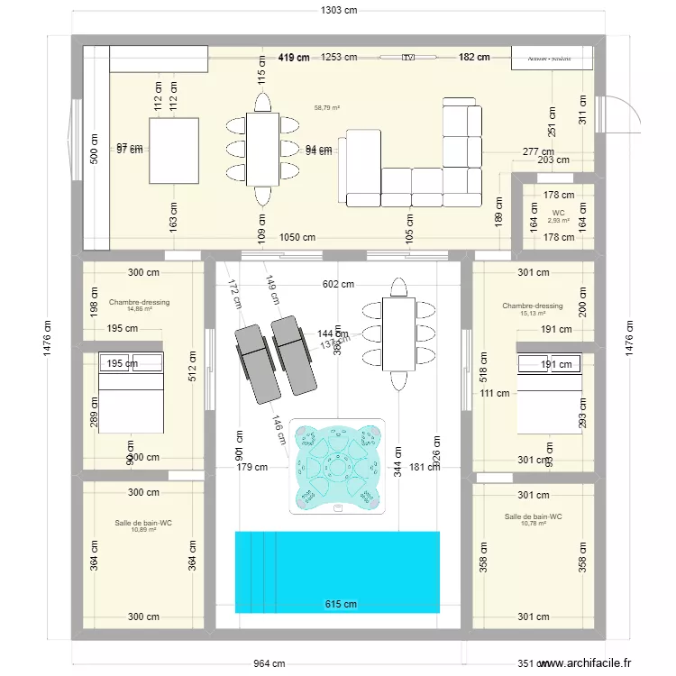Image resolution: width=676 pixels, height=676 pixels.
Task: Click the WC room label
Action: click(x=558, y=214)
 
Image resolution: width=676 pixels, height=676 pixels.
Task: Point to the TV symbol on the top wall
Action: click(x=408, y=57)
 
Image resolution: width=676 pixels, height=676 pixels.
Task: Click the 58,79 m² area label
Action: click(x=326, y=107)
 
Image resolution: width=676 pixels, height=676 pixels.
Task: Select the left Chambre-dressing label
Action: click(x=139, y=303)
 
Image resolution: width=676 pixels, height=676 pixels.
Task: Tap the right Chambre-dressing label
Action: click(x=533, y=306)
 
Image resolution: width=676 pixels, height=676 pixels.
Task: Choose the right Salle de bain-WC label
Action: click(x=534, y=516)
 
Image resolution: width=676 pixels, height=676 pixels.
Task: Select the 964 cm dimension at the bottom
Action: click(x=262, y=665)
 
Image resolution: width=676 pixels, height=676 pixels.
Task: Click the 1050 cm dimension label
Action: click(x=297, y=238)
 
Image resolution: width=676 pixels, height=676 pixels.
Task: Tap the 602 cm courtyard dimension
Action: click(x=339, y=285)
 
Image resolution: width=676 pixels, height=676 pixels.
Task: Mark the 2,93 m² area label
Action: click(x=559, y=220)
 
